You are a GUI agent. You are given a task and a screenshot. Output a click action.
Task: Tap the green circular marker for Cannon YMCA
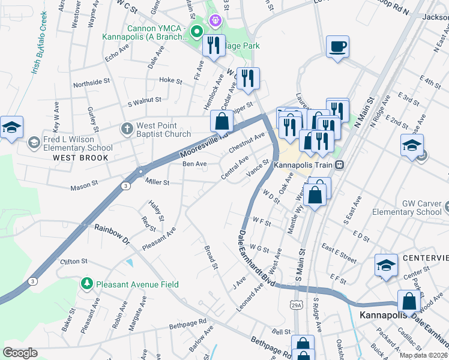[x=196, y=31]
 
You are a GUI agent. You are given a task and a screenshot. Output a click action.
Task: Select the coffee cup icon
[x=338, y=46]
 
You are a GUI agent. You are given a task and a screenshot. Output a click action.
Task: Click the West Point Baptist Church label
[x=163, y=130]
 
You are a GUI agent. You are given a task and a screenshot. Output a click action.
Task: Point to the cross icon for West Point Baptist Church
[x=127, y=128]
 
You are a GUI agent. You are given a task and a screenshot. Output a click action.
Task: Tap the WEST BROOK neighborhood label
[x=80, y=158]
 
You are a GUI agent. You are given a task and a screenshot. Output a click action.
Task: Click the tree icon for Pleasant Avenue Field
[x=87, y=283]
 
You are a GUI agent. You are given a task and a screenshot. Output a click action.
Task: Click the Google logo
[x=20, y=353]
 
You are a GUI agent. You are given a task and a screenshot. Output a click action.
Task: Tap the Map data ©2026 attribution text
[x=423, y=355]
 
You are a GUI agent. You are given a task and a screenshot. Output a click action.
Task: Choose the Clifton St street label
[x=74, y=262]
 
